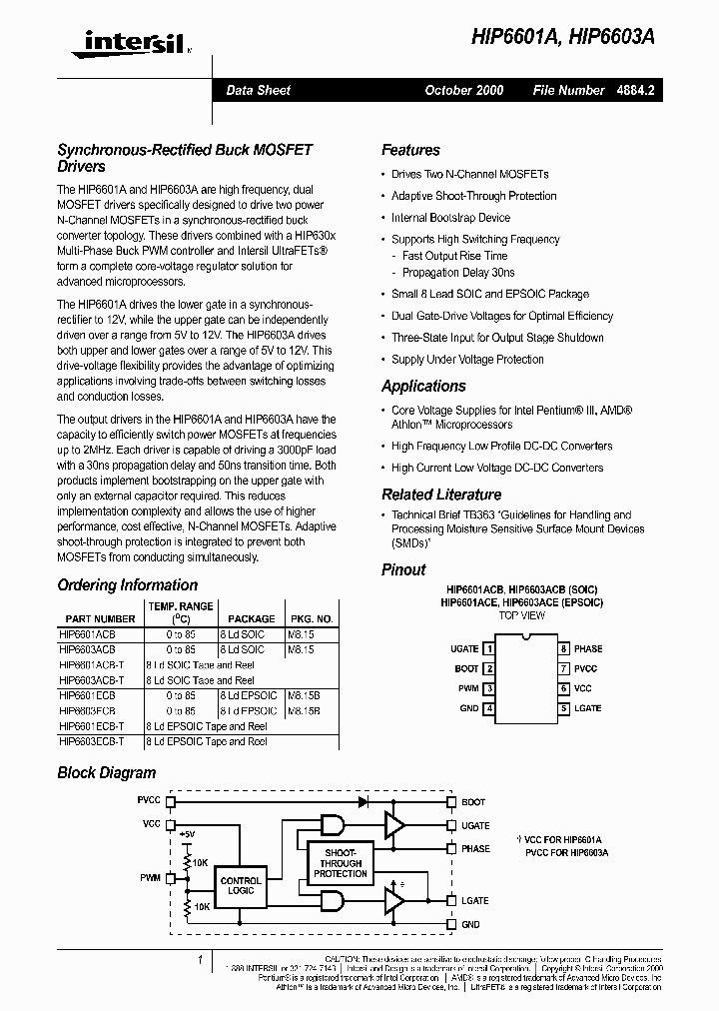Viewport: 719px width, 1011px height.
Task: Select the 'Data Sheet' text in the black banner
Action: (258, 90)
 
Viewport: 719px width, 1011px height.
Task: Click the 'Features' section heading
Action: (410, 150)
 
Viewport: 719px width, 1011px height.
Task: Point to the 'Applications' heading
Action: (423, 386)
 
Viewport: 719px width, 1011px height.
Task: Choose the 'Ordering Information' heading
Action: (127, 584)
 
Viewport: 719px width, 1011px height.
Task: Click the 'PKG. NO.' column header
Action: (311, 619)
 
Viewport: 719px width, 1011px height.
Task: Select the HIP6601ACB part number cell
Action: (89, 634)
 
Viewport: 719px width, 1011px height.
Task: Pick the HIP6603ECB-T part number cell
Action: (92, 742)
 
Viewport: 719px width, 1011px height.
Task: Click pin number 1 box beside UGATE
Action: (489, 648)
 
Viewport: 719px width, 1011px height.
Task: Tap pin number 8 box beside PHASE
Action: (563, 648)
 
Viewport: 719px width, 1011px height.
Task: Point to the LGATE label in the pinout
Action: (588, 708)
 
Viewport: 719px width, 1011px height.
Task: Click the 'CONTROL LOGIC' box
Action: (241, 885)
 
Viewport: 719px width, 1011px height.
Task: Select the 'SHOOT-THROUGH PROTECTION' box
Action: (341, 863)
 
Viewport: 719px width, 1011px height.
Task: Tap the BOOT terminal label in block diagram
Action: (473, 801)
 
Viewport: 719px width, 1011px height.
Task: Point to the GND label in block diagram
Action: (470, 925)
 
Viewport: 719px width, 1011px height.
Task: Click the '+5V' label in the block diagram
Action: (188, 833)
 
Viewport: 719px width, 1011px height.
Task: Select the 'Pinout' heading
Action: (403, 569)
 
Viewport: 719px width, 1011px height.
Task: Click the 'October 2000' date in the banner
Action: (464, 90)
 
